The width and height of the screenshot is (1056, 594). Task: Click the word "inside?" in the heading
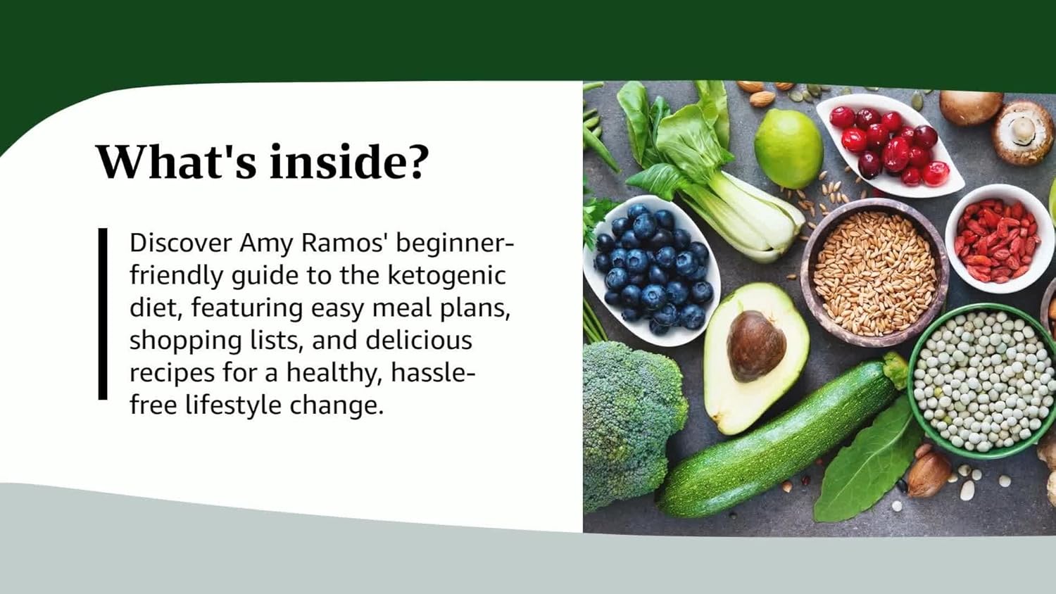[348, 161]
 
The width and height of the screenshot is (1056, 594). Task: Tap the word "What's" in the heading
[176, 161]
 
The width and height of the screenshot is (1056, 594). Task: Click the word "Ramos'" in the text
[345, 243]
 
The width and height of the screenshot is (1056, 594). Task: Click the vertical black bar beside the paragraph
[103, 314]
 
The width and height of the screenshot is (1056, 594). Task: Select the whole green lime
[788, 148]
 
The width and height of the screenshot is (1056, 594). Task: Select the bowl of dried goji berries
[998, 239]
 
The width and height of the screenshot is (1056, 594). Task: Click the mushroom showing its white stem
[1023, 132]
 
